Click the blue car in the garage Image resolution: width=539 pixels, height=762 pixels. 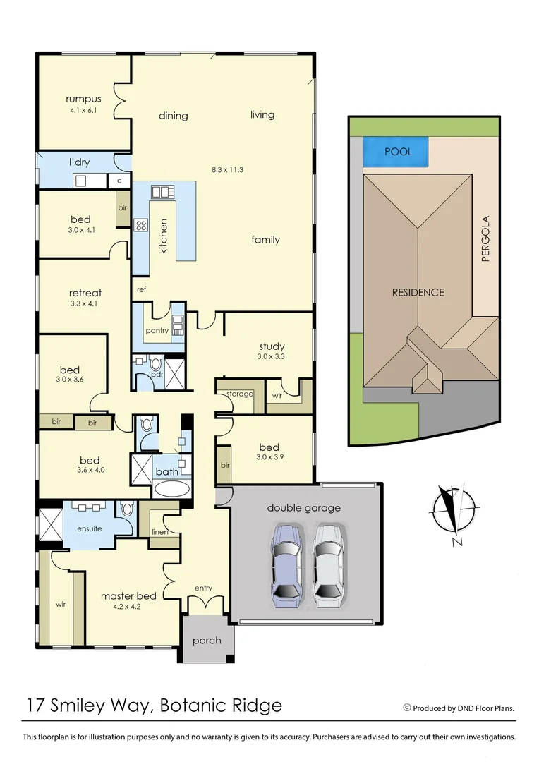pos(286,565)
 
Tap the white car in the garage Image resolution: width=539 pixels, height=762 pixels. pos(329,565)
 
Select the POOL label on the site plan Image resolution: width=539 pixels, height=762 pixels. pos(397,152)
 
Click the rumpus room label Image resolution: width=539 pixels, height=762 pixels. pos(83,99)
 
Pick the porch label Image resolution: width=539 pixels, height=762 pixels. pos(207,641)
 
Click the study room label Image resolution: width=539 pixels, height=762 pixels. pos(272,346)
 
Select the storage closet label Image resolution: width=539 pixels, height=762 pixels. pos(240,394)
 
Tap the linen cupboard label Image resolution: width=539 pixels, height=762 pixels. pos(160,531)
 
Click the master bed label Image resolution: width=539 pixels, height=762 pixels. pos(128,595)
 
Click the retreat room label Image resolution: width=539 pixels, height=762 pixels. pos(85,293)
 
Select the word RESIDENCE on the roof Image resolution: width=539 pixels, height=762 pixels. pos(418,292)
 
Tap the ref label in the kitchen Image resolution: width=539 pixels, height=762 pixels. pos(141,289)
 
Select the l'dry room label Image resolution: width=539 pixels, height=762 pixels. pos(79,162)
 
